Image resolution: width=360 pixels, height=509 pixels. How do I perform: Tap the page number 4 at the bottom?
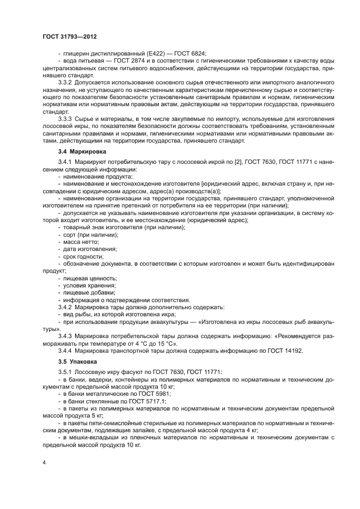tap(44, 462)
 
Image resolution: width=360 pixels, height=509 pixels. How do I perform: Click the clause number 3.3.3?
tap(67, 119)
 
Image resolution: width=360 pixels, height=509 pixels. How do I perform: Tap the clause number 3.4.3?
tap(67, 336)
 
